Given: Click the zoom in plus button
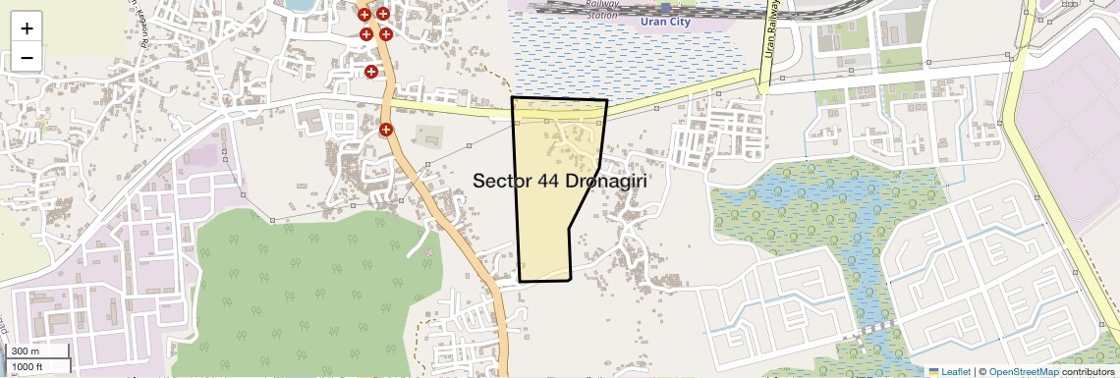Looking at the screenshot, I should click(27, 28).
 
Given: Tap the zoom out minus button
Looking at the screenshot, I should click(27, 58).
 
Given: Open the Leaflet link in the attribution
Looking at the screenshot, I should click(956, 372).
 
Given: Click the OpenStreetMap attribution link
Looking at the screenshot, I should click(1023, 372).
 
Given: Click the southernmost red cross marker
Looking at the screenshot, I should click(387, 130).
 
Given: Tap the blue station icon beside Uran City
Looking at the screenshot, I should click(665, 8).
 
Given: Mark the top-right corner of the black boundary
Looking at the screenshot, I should click(606, 100).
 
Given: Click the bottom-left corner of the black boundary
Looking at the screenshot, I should click(520, 281).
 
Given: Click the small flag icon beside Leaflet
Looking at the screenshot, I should click(934, 372).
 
